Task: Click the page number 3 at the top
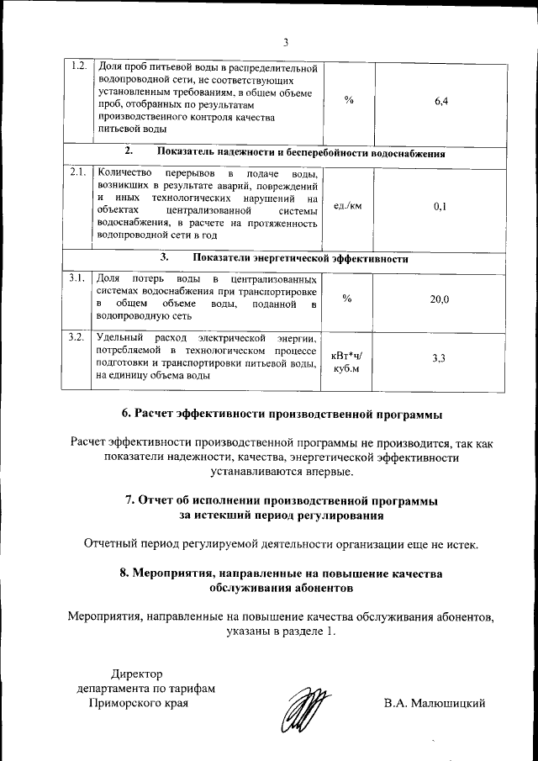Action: [286, 43]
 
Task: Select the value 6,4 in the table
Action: [442, 101]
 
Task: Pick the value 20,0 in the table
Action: [440, 300]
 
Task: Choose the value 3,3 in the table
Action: [439, 358]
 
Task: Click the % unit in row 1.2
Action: [347, 101]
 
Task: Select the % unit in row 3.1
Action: [347, 300]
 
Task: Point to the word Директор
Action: [140, 673]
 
